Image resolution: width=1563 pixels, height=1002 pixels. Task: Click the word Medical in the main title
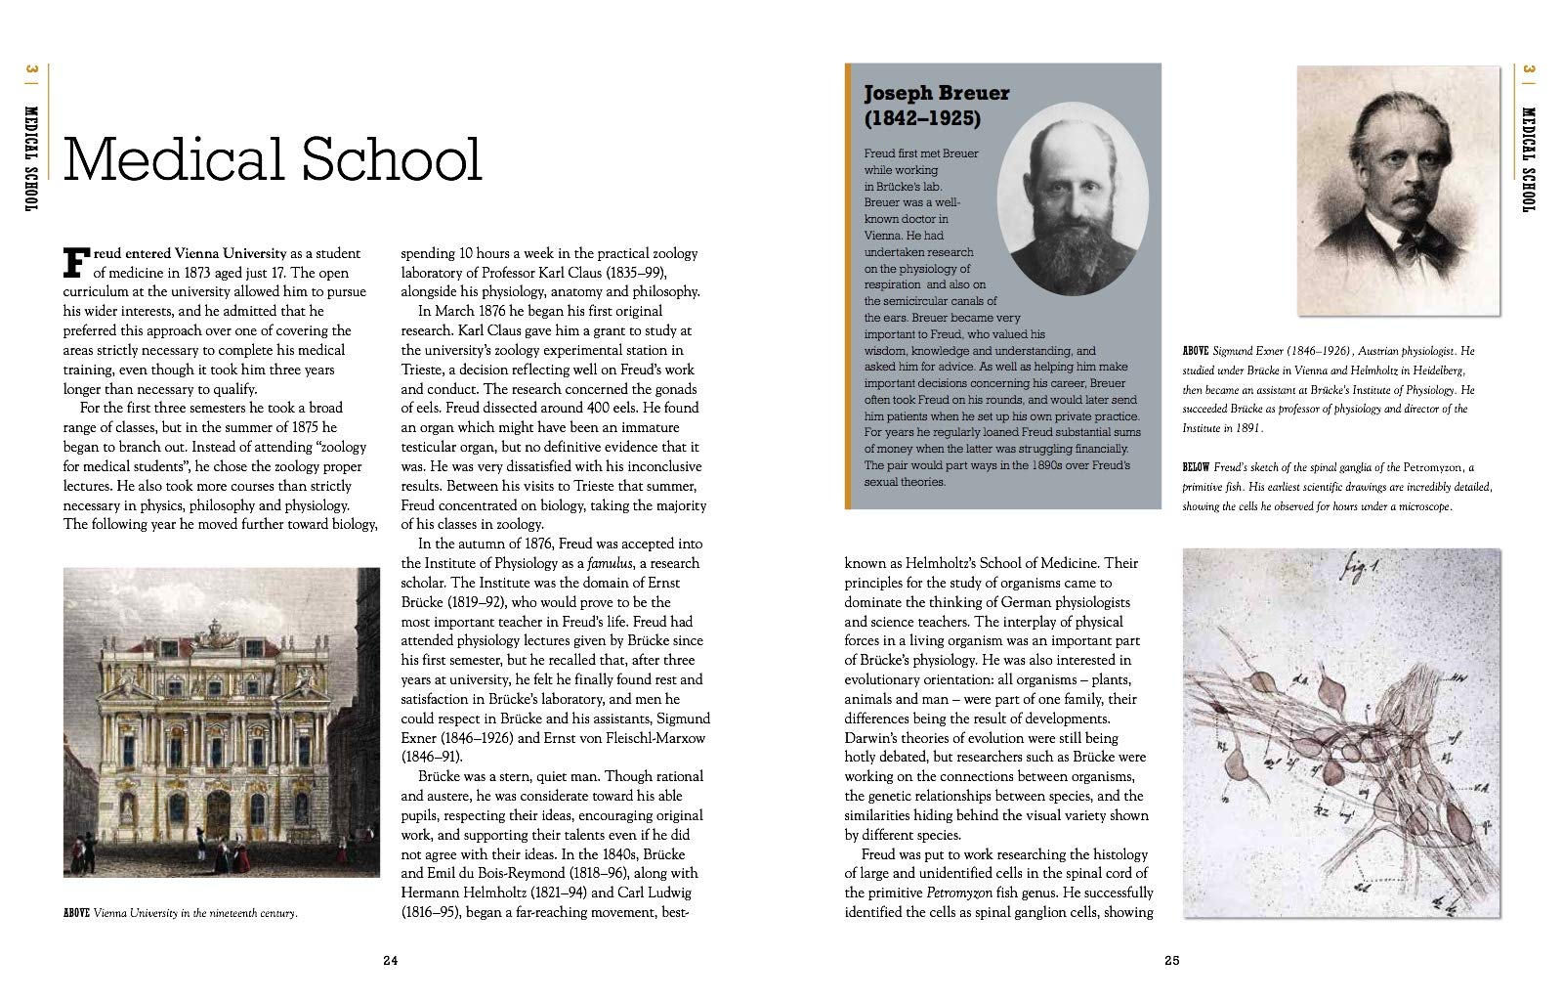coord(175,159)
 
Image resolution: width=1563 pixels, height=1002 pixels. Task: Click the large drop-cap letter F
coord(76,262)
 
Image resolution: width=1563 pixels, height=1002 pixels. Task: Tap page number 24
coord(390,960)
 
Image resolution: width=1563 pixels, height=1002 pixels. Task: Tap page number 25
coord(1172,960)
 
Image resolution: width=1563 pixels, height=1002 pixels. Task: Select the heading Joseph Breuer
coord(936,93)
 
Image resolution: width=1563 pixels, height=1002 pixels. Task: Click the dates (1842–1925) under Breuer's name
coord(921,118)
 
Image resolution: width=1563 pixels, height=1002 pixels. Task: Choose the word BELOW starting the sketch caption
coord(1196,467)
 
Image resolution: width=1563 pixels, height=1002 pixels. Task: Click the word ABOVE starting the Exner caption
coord(1196,350)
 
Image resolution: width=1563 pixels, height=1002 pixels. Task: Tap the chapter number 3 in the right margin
coord(1530,70)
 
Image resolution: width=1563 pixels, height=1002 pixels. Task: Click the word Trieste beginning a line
coord(422,370)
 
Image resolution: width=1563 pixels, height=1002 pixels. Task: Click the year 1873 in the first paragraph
coord(195,273)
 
